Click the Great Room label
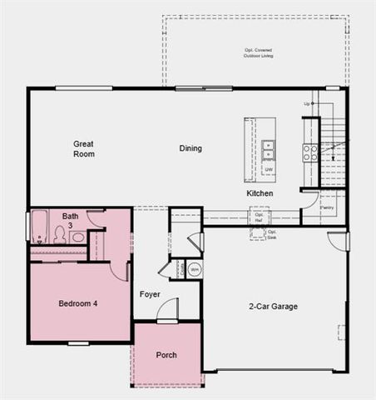coord(83,148)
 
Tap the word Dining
coord(190,148)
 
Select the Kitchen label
coord(260,193)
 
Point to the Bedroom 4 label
coord(78,303)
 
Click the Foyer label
coord(150,293)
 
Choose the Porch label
coord(166,355)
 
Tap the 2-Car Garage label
coord(275,307)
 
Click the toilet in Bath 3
coord(60,235)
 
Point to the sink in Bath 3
coord(77,237)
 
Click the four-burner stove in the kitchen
coord(309,152)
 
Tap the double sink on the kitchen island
coord(269,150)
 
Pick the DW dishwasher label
coord(269,170)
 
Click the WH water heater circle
coord(194,269)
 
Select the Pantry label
coord(327,208)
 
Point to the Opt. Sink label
coord(271,233)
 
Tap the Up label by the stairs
coord(307,103)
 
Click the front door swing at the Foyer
coord(167,309)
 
